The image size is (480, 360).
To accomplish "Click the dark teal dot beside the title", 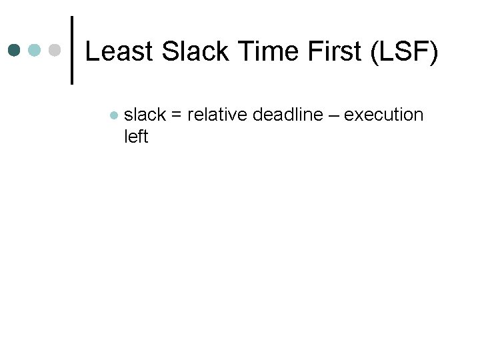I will click(x=14, y=51).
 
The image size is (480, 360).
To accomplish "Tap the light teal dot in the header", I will click(x=34, y=51).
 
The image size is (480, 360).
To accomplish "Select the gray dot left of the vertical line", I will click(x=55, y=51).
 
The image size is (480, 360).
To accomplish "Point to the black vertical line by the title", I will click(x=72, y=51).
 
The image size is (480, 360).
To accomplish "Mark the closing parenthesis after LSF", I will click(x=433, y=52).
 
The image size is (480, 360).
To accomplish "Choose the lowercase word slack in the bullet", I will click(x=145, y=115).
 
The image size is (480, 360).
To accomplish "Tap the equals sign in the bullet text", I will click(x=177, y=115).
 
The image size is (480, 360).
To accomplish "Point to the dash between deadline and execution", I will click(x=332, y=115).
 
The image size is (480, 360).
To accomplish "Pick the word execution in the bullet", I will click(x=383, y=115).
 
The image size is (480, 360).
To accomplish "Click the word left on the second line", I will click(x=135, y=137).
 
